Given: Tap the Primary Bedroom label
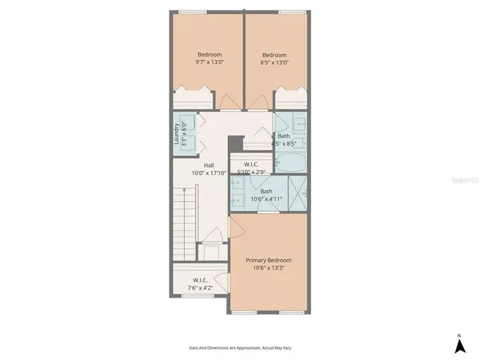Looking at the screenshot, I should pos(269,260).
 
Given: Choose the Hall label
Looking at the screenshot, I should pos(208,165).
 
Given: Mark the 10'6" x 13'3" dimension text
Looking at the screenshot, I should pos(269,269).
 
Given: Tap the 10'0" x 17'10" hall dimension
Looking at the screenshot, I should pos(209,173).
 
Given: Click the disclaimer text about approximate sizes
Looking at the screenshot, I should pos(239,348).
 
